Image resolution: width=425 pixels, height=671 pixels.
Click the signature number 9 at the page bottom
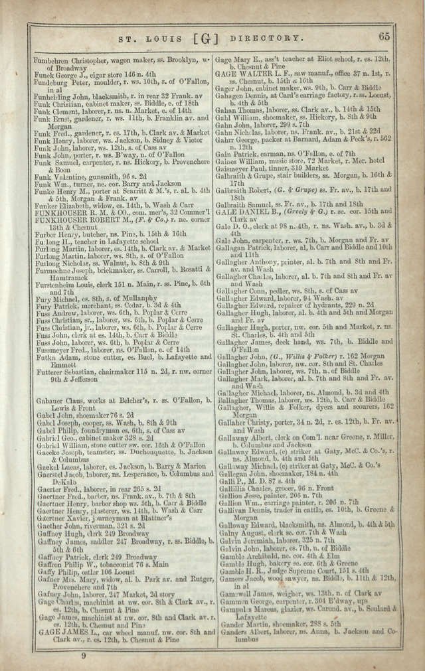pyautogui.click(x=84, y=656)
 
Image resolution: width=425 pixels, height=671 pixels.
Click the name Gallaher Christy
pyautogui.click(x=244, y=421)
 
